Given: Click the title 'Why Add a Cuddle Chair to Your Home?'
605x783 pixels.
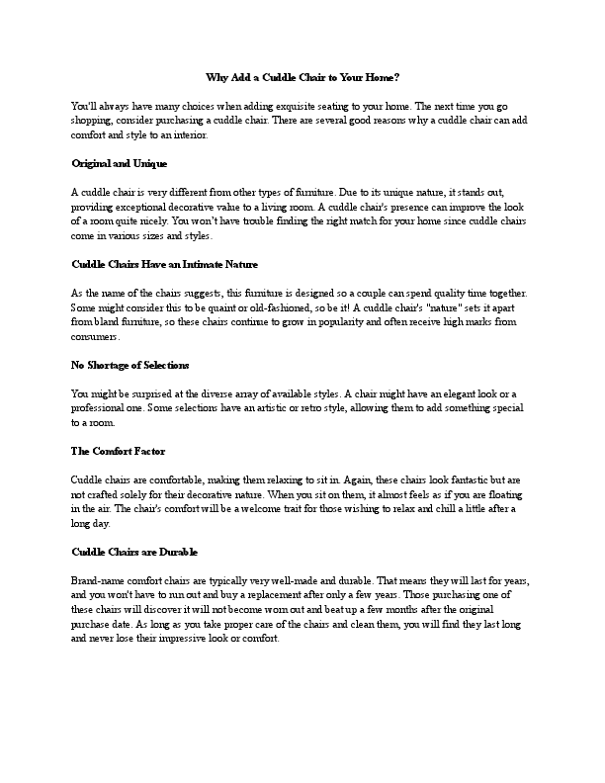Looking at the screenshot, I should pos(302,76).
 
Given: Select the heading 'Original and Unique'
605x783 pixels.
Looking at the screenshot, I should pos(120,162).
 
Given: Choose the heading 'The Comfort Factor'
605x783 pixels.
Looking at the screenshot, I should pos(118,451).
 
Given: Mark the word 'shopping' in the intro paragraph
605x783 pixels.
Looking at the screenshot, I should pos(96,120).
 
